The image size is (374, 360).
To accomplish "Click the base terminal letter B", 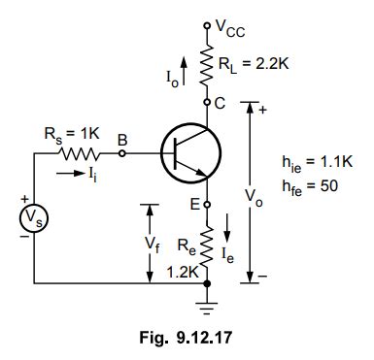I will click(x=122, y=140).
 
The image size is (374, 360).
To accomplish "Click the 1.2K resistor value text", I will click(x=185, y=272).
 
